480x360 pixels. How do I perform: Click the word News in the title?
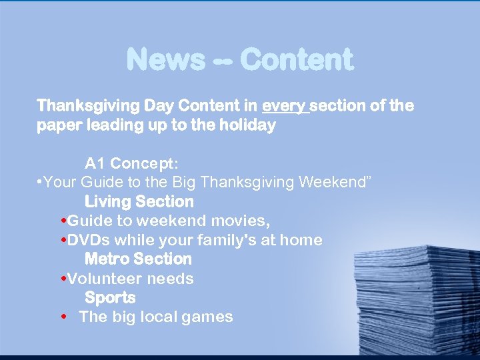pos(165,60)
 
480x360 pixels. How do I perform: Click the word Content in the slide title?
pos(296,60)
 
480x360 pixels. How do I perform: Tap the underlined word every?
pos(285,106)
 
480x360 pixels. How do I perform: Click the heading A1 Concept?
pos(131,163)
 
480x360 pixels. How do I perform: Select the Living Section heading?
pos(139,201)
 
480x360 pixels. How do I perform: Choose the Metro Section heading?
pos(138,259)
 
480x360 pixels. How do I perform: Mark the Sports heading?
pos(110,297)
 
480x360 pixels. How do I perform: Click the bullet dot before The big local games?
pos(63,317)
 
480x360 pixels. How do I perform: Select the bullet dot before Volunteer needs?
pos(63,278)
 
